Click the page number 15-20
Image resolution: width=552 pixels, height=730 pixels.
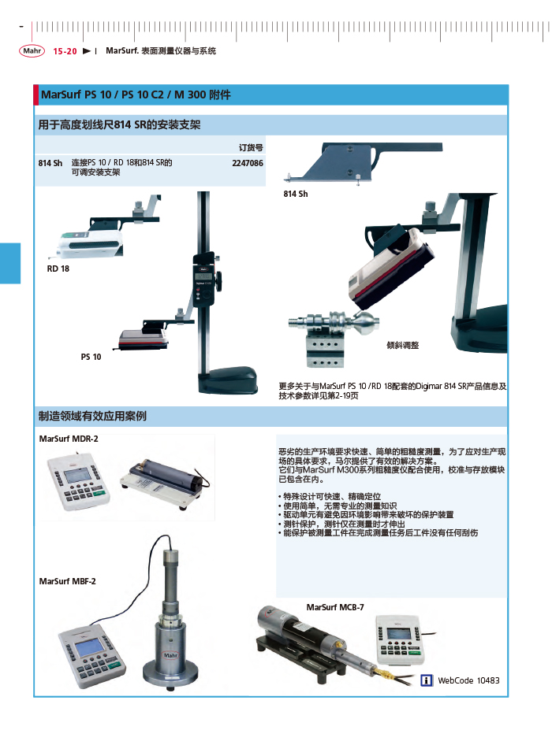[x=65, y=51]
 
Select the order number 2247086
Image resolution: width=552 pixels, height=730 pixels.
[x=248, y=163]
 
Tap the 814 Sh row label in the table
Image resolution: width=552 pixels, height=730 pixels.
[x=50, y=163]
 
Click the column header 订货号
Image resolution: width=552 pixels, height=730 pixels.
[x=251, y=147]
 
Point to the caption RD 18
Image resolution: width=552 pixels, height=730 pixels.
[x=58, y=269]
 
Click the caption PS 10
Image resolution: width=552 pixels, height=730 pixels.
[x=91, y=357]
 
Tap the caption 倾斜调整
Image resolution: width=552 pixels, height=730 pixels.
[x=402, y=345]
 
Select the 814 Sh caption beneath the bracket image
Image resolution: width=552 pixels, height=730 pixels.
[x=296, y=194]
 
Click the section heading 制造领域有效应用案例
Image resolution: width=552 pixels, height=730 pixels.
[x=92, y=415]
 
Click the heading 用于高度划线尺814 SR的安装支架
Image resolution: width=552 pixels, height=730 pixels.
[x=119, y=125]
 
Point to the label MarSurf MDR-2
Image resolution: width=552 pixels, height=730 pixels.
[x=69, y=438]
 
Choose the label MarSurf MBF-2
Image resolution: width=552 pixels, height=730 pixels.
[x=68, y=581]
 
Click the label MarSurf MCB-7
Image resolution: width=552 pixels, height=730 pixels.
[x=335, y=607]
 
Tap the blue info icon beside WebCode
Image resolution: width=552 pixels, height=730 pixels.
[x=427, y=680]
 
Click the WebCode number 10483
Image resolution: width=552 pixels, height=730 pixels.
[x=488, y=680]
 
